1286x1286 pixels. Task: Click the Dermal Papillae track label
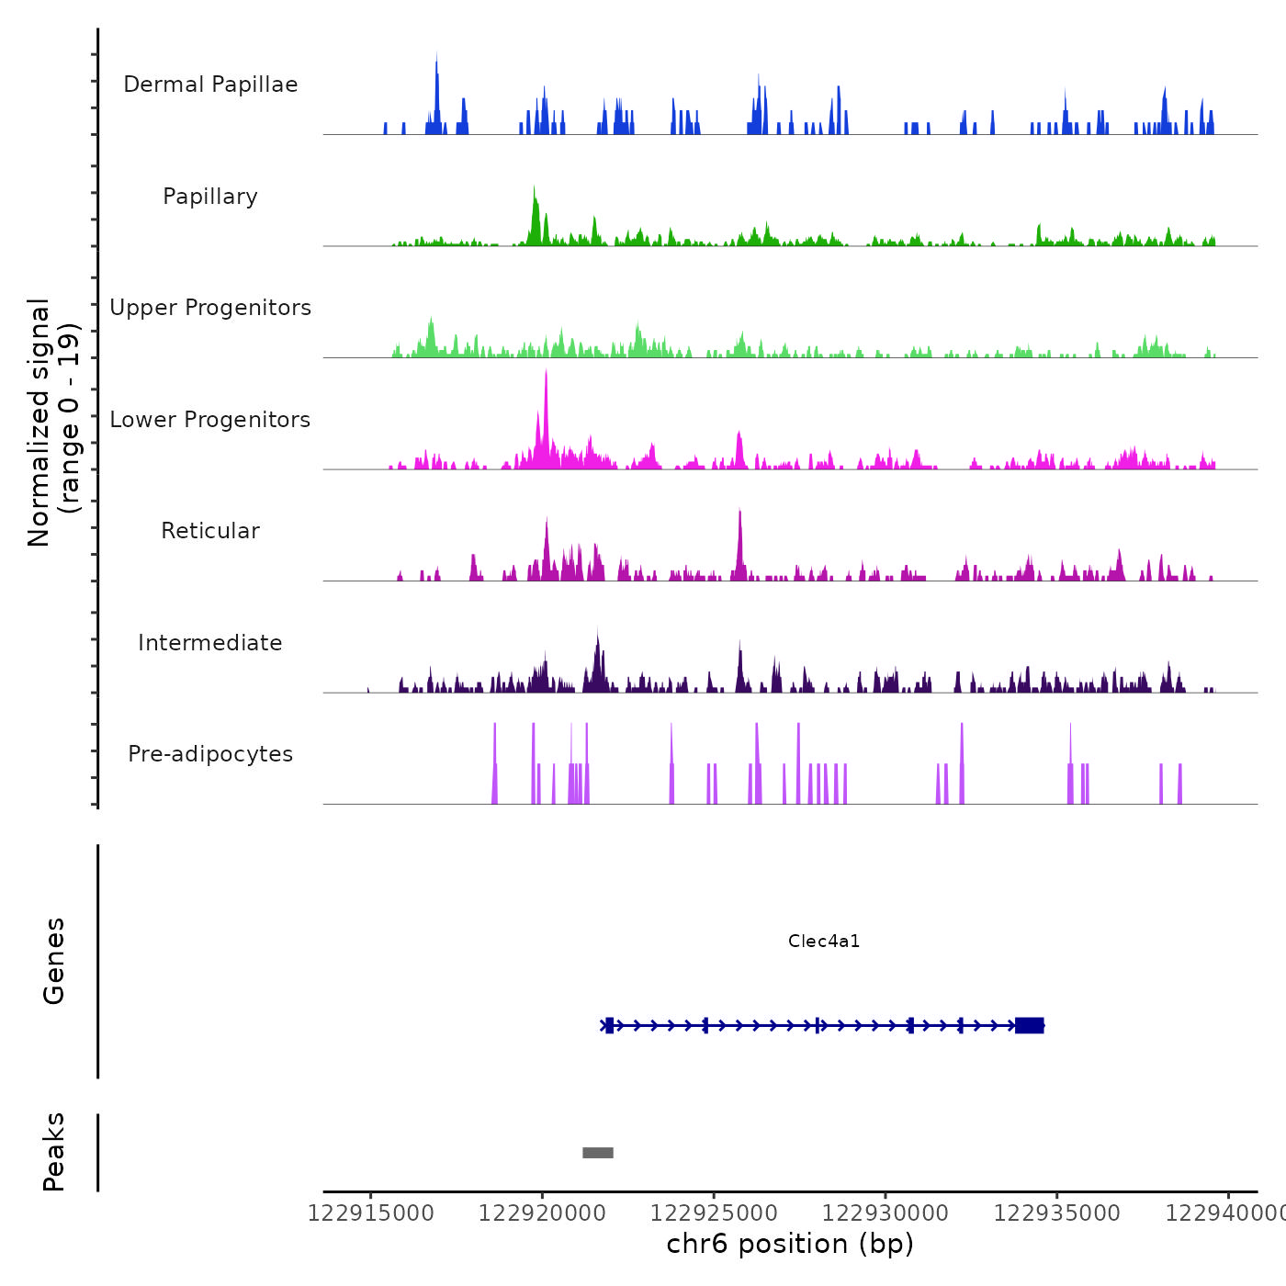pos(210,85)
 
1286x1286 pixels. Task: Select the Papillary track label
pos(210,197)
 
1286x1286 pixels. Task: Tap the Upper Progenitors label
pos(210,308)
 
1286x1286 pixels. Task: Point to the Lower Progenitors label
pos(210,420)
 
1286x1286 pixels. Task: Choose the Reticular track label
pos(210,531)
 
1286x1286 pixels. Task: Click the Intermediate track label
pos(210,643)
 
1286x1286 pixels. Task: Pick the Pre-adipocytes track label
pos(210,754)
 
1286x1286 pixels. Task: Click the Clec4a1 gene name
pos(824,941)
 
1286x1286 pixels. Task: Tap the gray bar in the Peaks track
pos(598,1153)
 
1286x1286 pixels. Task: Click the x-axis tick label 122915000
pos(370,1213)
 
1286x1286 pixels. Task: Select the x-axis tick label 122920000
pos(542,1213)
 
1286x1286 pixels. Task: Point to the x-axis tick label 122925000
pos(714,1213)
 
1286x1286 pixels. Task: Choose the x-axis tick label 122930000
pos(886,1213)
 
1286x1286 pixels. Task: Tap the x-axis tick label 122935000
pos(1057,1213)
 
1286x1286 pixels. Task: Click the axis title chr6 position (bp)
pos(790,1244)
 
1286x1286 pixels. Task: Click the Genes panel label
pos(53,961)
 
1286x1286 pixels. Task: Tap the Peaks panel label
pos(53,1152)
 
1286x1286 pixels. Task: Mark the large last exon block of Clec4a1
pos(1030,1025)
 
